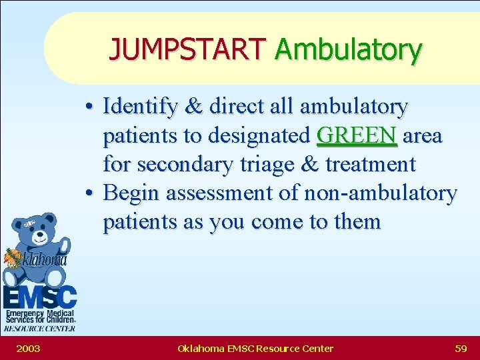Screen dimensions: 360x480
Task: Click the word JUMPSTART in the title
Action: [x=187, y=49]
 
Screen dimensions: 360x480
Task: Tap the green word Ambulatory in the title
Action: [x=347, y=49]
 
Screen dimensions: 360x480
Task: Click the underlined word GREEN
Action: [x=357, y=135]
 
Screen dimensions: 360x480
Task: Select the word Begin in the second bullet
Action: [x=133, y=193]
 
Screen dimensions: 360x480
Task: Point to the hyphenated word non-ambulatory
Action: [x=380, y=193]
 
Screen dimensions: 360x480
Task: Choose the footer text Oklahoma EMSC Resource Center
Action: [x=255, y=348]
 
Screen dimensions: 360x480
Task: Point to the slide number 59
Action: [x=460, y=348]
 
